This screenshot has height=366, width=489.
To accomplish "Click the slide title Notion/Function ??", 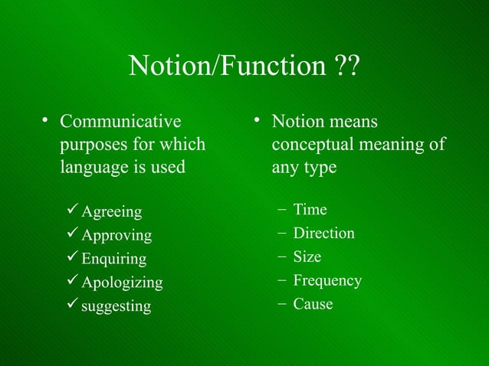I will pos(244,67).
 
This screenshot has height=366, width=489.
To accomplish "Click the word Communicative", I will pos(120,122).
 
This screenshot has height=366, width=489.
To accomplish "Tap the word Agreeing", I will pos(112,211).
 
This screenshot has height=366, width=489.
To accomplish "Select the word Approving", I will pos(117,235).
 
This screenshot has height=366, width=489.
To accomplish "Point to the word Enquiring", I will pos(114,259).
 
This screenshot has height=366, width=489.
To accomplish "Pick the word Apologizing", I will pos(122,283).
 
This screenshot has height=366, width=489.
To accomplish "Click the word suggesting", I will pos(117,306).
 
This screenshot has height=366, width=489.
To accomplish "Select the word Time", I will pos(310,210).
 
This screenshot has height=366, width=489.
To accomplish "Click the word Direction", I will pos(323,234).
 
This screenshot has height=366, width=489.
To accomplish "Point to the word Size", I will pos(307,257).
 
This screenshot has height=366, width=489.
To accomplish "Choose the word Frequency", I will pos(327,281).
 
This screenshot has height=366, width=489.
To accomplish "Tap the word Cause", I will pos(313,305).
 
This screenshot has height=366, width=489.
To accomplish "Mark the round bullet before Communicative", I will pos(46,121).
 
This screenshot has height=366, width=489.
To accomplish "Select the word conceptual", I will pos(309,145).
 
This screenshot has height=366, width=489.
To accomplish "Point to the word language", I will pos(92,167).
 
